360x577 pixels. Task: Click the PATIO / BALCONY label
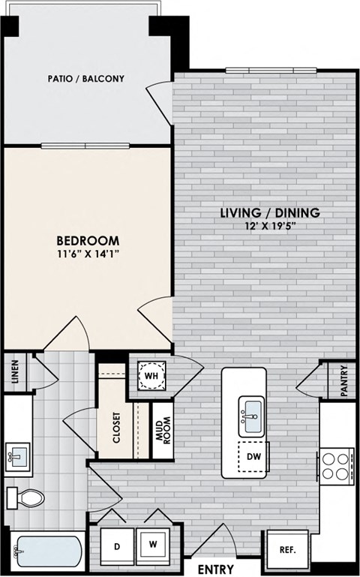point(85,78)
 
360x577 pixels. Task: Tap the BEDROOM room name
point(88,240)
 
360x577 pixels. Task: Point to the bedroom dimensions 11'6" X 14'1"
point(88,254)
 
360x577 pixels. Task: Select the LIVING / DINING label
point(270,213)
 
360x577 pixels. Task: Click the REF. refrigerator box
point(287,549)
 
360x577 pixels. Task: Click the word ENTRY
point(215,569)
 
